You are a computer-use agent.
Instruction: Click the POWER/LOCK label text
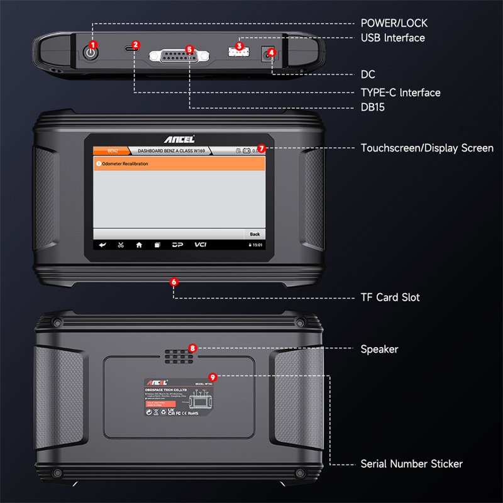point(394,23)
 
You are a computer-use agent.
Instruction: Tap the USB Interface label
point(393,38)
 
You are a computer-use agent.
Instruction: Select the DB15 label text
point(373,108)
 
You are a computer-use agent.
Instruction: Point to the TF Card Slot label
point(390,297)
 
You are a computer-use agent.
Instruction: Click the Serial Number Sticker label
point(411,464)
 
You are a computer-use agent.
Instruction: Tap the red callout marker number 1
point(94,45)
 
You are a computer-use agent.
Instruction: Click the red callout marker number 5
point(189,49)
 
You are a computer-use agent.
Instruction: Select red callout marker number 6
point(174,282)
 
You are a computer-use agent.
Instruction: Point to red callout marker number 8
point(193,348)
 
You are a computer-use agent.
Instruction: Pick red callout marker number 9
point(213,377)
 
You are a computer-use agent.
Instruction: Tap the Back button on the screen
point(254,234)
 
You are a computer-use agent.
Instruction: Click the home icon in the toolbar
point(139,245)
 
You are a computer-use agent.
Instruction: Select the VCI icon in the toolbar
point(201,245)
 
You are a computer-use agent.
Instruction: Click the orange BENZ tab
point(112,151)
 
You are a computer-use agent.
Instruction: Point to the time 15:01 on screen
point(257,245)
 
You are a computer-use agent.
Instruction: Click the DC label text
point(368,75)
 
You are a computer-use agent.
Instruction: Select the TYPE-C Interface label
point(400,92)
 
